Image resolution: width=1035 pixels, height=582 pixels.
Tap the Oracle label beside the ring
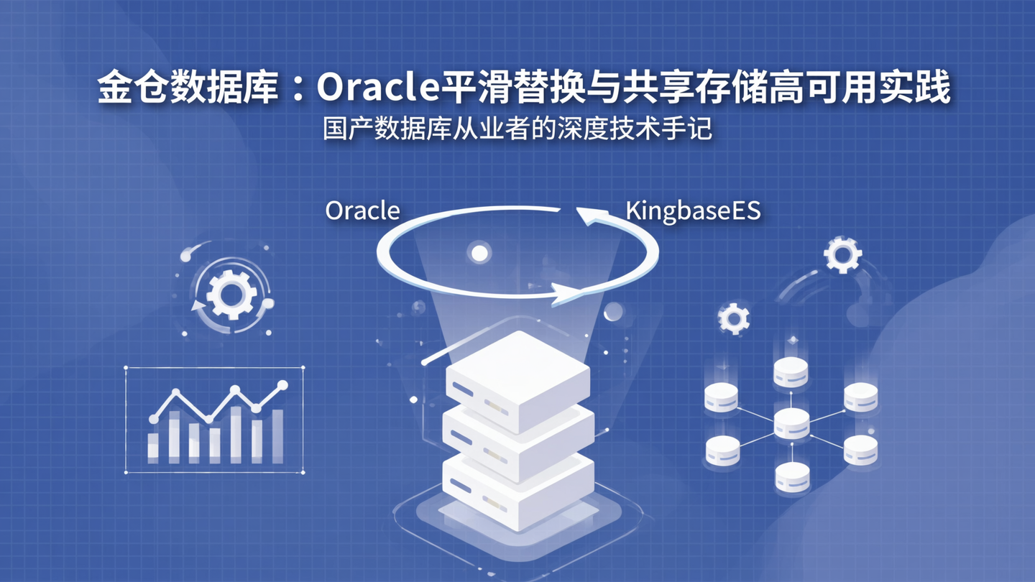(x=362, y=211)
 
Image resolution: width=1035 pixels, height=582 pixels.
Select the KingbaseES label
(x=693, y=211)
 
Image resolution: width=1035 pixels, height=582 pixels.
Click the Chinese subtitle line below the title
(x=517, y=130)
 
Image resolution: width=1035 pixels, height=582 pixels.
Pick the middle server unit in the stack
(x=517, y=438)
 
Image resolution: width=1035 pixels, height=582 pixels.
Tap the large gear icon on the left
(x=231, y=294)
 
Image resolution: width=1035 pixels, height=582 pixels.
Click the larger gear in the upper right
(x=842, y=255)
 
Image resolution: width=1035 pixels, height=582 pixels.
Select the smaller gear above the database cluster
(x=734, y=318)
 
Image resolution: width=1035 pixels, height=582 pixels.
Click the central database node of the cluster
(x=791, y=423)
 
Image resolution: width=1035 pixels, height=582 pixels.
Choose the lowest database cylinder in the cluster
(x=792, y=476)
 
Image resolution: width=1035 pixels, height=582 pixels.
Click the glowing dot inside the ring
(x=479, y=252)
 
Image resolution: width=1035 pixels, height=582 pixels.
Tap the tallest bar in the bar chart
(x=236, y=434)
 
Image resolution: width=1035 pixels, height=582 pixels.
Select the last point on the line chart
(x=282, y=386)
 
